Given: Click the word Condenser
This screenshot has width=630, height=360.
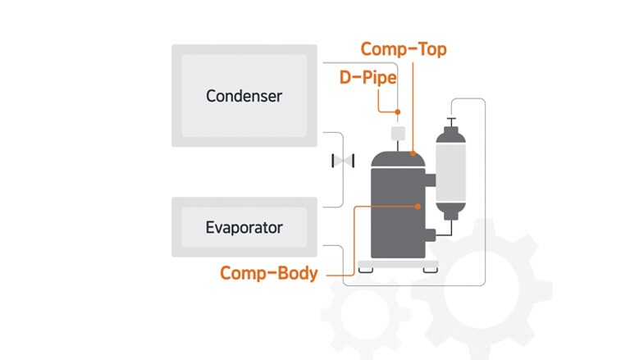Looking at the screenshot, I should click(x=244, y=96).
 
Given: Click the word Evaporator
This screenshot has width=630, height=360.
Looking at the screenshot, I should click(x=244, y=227).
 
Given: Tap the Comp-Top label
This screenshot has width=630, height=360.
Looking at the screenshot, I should click(x=404, y=49).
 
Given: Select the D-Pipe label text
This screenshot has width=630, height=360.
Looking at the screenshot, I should click(x=369, y=79).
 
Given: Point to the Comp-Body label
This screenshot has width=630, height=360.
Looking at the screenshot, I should click(x=268, y=273).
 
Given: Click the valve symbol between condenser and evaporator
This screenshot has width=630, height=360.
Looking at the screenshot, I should click(x=342, y=161).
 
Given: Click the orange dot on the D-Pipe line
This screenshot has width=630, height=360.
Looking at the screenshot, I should click(x=398, y=112).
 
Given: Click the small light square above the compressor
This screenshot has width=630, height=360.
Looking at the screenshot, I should click(x=399, y=132).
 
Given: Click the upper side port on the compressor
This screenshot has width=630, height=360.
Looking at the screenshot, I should click(x=431, y=177).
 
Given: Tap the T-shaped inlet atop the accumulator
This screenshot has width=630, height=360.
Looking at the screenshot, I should click(x=450, y=122).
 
